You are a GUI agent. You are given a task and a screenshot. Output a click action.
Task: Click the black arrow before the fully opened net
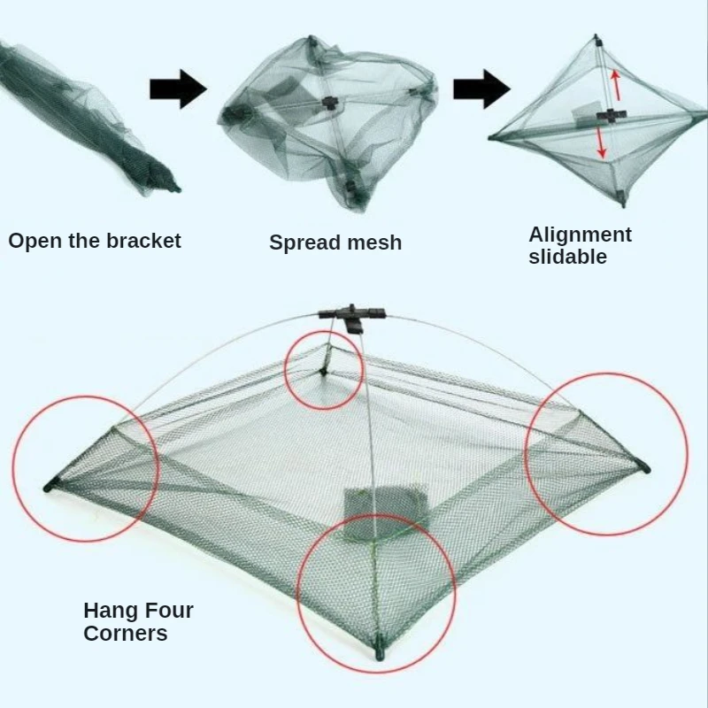coord(481,88)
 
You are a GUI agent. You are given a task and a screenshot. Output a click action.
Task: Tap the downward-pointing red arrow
coord(602,142)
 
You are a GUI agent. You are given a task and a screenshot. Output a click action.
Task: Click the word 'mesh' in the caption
coord(375,242)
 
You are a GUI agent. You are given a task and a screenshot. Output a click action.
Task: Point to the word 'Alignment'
coord(580,235)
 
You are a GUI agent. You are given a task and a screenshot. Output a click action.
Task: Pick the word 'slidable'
coord(567,257)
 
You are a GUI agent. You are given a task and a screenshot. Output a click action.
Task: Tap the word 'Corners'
coord(125,633)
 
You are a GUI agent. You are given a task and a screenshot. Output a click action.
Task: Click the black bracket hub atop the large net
coord(352,313)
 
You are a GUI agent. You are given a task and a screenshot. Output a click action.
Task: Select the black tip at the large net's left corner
coord(51,485)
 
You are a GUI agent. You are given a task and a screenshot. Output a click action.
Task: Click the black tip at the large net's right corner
coord(643,466)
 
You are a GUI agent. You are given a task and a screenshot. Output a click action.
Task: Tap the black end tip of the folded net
coord(173,188)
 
